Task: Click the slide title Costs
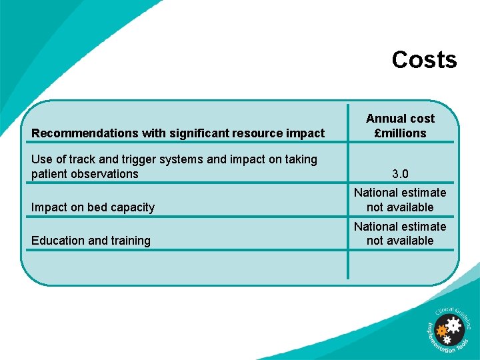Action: coord(424,60)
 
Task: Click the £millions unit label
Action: coord(400,133)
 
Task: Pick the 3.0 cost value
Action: coord(400,174)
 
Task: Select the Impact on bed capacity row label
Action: coord(93,207)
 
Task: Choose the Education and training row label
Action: coord(91,241)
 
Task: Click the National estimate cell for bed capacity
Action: coord(400,200)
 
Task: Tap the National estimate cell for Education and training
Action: coord(400,233)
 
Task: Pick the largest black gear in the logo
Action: coord(454,326)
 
